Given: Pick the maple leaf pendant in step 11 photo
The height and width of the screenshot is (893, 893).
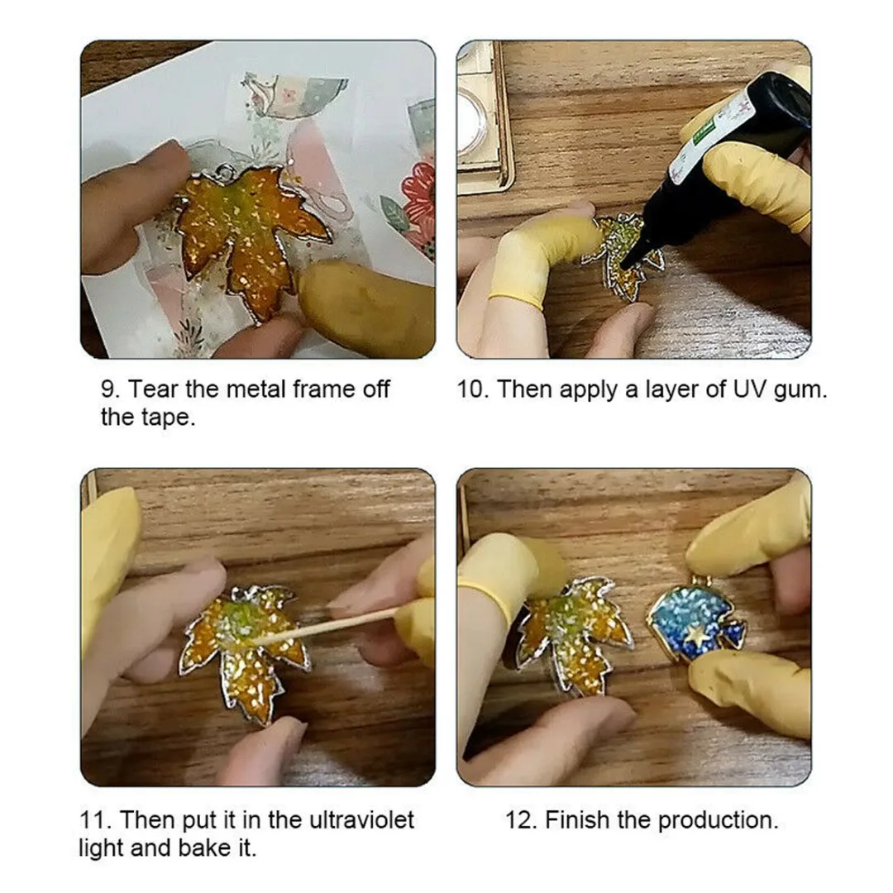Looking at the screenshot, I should (245, 650).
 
